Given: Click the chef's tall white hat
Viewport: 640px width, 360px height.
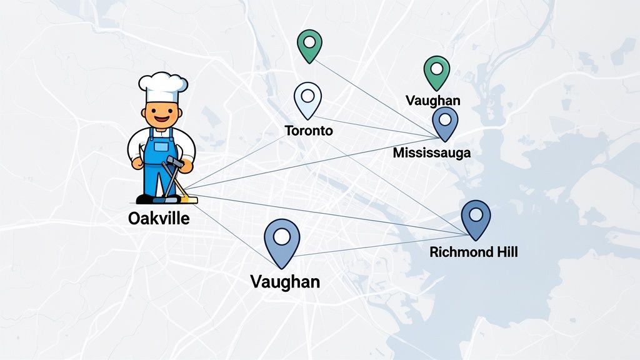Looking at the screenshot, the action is (x=163, y=86).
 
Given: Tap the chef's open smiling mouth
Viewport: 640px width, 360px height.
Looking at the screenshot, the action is (x=162, y=117).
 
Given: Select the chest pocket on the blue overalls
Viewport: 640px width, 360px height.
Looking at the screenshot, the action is (x=161, y=147).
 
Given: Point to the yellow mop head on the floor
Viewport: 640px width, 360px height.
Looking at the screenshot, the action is (x=187, y=199).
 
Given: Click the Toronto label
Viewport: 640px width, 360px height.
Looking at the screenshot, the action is (x=309, y=131).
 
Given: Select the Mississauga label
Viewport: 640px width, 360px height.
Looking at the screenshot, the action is (x=432, y=152).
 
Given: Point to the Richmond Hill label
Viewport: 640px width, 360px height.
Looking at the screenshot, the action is (x=474, y=252).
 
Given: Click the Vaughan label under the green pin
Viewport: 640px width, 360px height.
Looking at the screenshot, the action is (x=432, y=100).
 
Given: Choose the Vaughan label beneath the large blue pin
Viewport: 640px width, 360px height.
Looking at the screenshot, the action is (x=285, y=281).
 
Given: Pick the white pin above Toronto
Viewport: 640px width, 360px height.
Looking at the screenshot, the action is (x=307, y=100).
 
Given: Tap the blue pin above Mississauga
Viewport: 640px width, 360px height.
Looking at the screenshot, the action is (x=445, y=122).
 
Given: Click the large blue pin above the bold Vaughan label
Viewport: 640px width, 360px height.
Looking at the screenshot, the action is (x=282, y=241).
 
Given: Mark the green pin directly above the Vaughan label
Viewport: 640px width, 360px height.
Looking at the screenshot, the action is (x=437, y=72).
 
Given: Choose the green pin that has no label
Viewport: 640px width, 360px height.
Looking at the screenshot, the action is (x=309, y=46).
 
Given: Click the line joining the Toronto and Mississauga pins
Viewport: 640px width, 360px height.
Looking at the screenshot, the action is (x=375, y=126).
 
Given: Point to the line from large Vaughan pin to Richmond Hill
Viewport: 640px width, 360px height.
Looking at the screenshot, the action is (x=375, y=246).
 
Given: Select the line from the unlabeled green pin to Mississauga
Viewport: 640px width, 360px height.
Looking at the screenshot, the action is (x=375, y=97).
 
